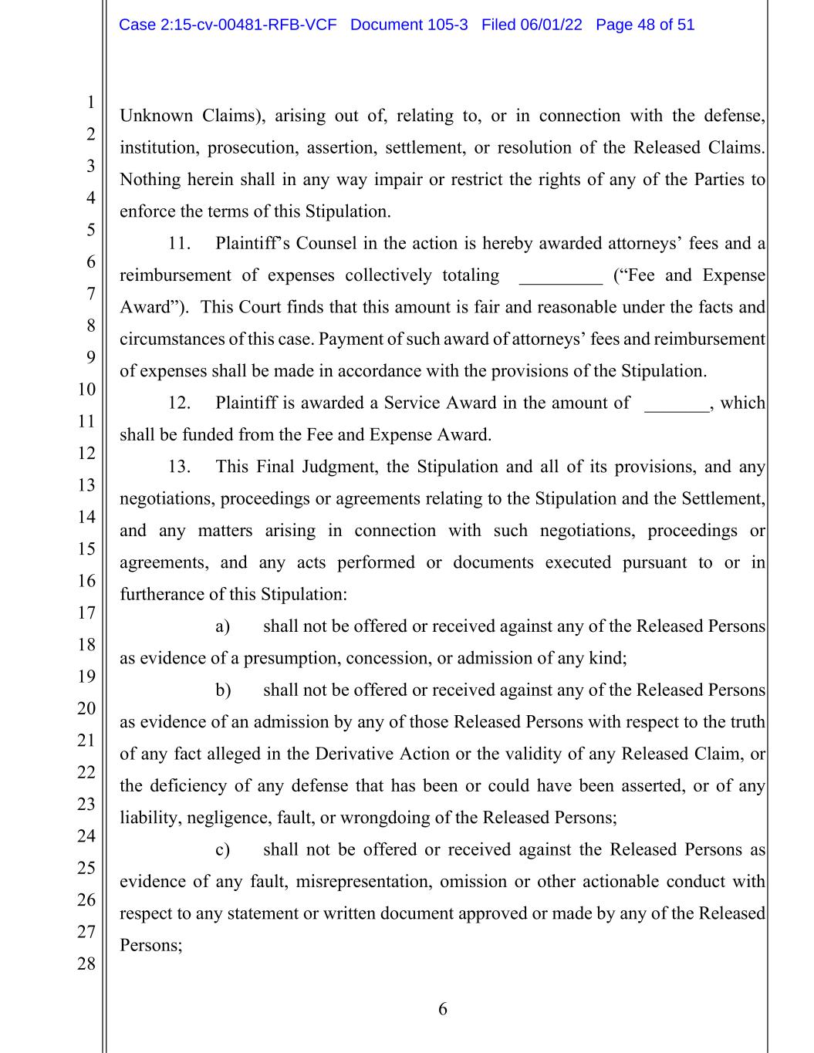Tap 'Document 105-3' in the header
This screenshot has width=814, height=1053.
(x=409, y=25)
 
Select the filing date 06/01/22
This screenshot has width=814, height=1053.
(x=550, y=25)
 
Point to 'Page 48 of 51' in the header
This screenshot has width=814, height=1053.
(x=645, y=25)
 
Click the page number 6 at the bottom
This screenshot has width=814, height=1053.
(x=443, y=1009)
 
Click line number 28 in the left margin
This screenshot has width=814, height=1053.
(x=86, y=964)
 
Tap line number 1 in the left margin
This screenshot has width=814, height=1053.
(x=90, y=102)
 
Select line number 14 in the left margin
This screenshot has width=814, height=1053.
(x=86, y=517)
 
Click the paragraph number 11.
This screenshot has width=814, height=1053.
(x=179, y=244)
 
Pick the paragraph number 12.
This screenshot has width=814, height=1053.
(x=179, y=403)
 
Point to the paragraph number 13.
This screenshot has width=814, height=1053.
(x=179, y=467)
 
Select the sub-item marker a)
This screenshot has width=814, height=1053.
(x=223, y=626)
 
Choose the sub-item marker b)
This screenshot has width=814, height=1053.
(x=223, y=690)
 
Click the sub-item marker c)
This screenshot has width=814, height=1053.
(x=223, y=850)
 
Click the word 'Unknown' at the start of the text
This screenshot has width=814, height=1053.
(x=156, y=116)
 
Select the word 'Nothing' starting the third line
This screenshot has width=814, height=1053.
(x=150, y=181)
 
